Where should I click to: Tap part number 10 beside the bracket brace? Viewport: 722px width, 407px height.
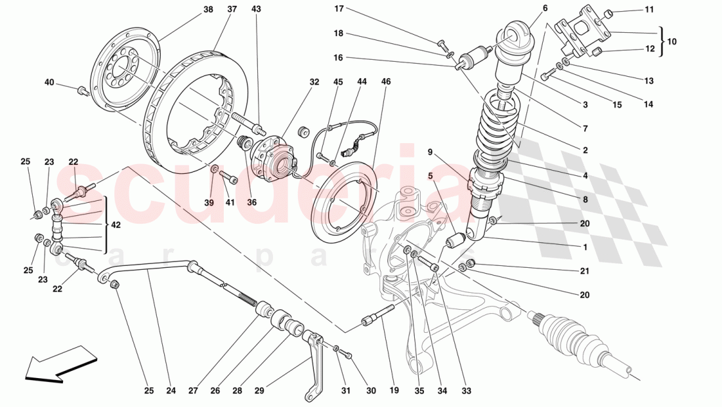(x=671, y=41)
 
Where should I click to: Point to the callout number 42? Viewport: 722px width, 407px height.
(x=116, y=225)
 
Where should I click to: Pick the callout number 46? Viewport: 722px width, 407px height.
(x=386, y=82)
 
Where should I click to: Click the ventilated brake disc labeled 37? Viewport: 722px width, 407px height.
(x=190, y=112)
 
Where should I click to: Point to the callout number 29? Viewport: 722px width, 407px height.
(x=259, y=391)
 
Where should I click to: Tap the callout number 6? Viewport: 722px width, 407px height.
(x=544, y=9)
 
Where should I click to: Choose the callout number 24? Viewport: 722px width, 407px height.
(x=171, y=391)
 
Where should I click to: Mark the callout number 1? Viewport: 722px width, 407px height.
(x=584, y=248)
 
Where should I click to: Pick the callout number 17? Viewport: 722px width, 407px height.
(x=339, y=9)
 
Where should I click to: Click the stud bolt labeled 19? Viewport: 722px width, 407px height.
(x=377, y=316)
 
